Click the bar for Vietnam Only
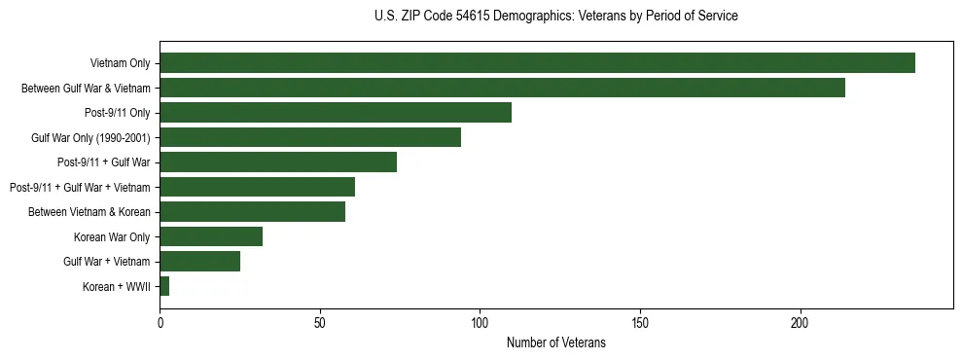click(x=537, y=63)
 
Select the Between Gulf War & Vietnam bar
click(x=502, y=88)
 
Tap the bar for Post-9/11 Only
click(x=336, y=113)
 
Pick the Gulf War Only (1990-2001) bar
click(x=310, y=137)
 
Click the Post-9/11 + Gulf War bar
click(x=278, y=162)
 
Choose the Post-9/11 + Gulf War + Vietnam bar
click(x=257, y=187)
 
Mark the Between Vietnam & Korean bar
click(x=252, y=212)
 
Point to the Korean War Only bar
click(x=211, y=236)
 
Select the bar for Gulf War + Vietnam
click(x=199, y=261)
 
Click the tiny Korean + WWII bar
click(x=164, y=286)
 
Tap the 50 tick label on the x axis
click(x=320, y=323)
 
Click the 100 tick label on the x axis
click(x=480, y=323)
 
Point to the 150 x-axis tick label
click(x=640, y=323)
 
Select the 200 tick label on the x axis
click(x=800, y=323)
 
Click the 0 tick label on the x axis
click(x=160, y=323)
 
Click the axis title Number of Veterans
click(x=555, y=343)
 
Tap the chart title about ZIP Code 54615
click(x=555, y=17)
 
